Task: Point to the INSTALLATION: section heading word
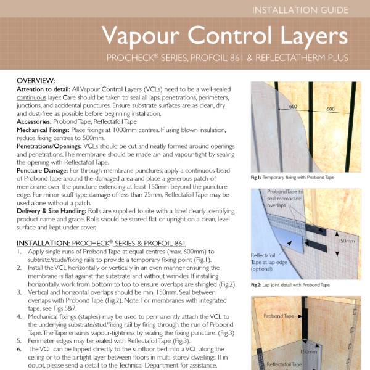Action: [x=44, y=244]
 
